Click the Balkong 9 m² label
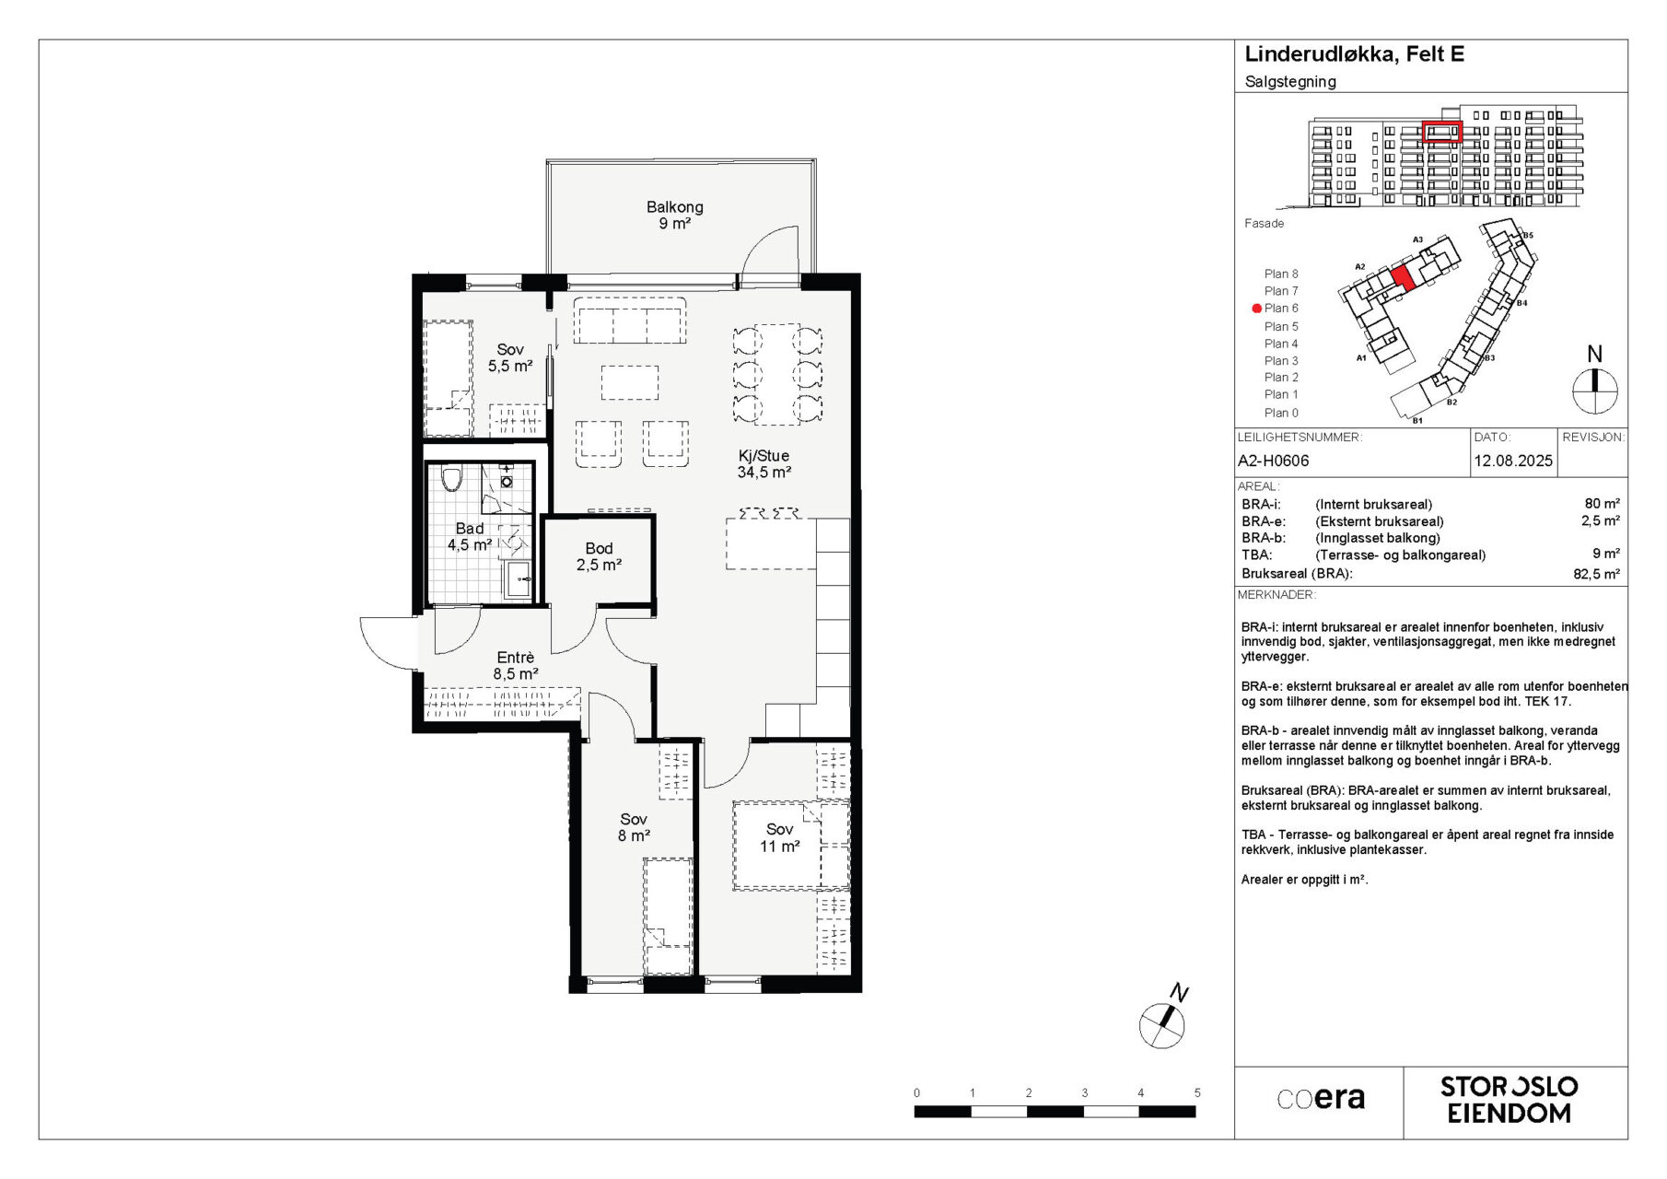tap(674, 216)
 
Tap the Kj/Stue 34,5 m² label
tap(764, 464)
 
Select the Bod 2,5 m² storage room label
tap(599, 557)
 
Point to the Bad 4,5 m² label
tap(470, 537)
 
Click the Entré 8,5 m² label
tap(516, 666)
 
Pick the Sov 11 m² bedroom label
tap(779, 838)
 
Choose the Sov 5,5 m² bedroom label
tap(510, 358)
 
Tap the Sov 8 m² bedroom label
tap(634, 828)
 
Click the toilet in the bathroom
tap(451, 479)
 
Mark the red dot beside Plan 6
tap(1256, 309)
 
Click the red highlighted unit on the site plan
tap(1403, 278)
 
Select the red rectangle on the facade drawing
tap(1441, 133)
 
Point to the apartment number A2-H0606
tap(1273, 461)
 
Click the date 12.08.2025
tap(1513, 461)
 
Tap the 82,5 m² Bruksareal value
tap(1597, 574)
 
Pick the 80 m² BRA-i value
tap(1603, 504)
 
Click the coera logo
tap(1321, 1099)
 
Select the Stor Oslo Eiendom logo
tap(1510, 1101)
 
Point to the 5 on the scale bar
tap(1197, 1093)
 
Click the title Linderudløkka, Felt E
tap(1354, 54)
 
